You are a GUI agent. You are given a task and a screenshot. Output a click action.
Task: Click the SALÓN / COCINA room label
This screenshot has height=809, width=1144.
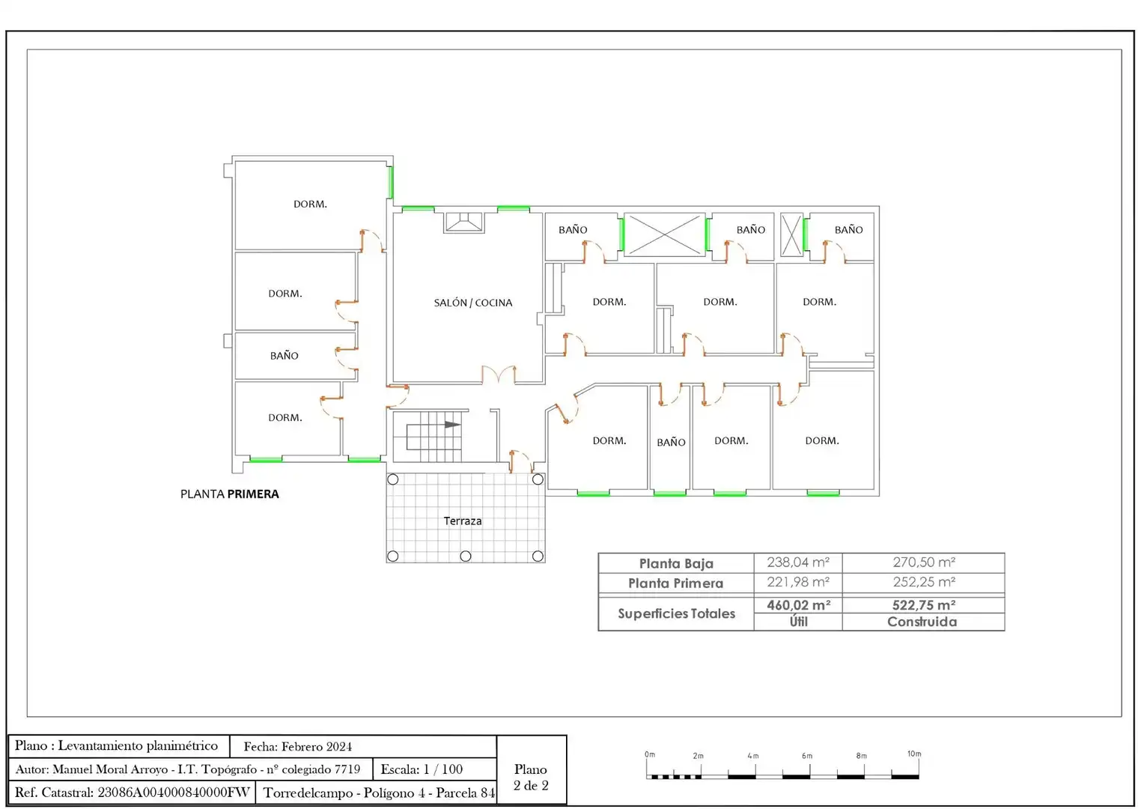pos(473,303)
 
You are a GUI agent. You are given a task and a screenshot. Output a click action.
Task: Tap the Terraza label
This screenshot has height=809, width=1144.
pos(462,521)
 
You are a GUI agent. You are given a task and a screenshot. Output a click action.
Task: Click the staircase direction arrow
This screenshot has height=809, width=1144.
pos(452,425)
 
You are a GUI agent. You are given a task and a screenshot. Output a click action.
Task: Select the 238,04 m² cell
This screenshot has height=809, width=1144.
pos(798,562)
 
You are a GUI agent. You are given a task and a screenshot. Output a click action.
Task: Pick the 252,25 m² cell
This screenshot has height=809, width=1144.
pos(924,582)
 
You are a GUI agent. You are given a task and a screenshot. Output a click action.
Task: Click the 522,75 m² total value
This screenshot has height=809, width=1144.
pos(924,605)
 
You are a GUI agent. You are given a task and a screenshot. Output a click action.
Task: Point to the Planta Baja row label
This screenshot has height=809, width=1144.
pos(675,563)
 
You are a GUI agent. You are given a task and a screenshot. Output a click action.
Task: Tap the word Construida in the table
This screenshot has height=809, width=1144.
pos(922,622)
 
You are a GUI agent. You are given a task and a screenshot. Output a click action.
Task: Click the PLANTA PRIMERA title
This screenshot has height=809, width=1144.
pos(229,494)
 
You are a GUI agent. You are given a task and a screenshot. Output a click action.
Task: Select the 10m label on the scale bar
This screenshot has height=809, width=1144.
pos(914,754)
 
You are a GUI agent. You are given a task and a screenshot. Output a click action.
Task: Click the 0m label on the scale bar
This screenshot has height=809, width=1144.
pos(650,754)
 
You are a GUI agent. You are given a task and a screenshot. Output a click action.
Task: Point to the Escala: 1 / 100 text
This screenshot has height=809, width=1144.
pos(422,769)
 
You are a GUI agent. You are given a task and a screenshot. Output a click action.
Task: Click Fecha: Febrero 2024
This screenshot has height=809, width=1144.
pos(298,747)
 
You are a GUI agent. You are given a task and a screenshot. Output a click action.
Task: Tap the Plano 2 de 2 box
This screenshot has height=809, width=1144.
pos(531,769)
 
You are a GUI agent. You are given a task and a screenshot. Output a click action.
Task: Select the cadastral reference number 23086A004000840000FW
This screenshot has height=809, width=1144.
pos(173,792)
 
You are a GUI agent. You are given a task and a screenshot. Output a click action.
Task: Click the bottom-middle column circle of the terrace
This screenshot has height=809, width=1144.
pos(465,556)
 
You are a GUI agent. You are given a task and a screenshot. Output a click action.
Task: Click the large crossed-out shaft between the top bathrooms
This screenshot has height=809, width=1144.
pos(664,234)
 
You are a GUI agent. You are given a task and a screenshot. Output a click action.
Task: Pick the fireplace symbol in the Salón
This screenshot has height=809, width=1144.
pos(463,222)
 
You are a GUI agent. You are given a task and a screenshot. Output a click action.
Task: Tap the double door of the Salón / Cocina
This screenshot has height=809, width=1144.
pos(499,374)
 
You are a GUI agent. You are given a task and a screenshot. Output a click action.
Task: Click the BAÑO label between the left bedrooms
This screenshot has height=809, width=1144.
pos(284,356)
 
